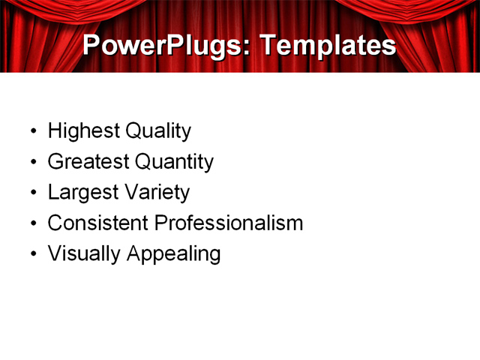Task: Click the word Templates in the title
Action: (x=327, y=45)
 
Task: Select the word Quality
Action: (x=158, y=131)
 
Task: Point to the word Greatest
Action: (x=87, y=162)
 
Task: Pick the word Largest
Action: (x=80, y=193)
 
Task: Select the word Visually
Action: (x=84, y=253)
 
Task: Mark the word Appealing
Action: (x=174, y=254)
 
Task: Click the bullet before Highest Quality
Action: (x=32, y=132)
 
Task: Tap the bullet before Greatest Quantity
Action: (x=32, y=163)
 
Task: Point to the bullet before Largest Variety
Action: (x=32, y=193)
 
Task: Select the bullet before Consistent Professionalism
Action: (x=32, y=223)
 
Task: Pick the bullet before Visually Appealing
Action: (x=32, y=254)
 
